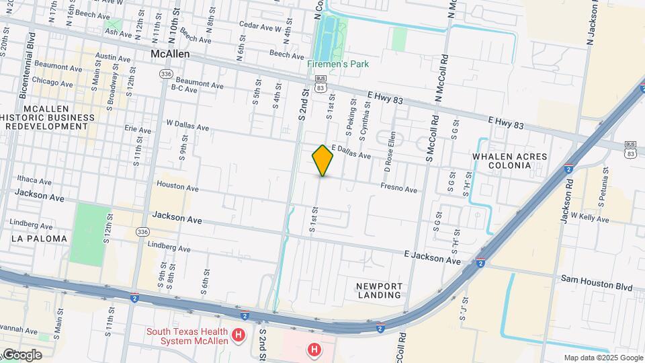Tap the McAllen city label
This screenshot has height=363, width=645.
(x=171, y=53)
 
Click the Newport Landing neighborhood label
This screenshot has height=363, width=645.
(x=380, y=290)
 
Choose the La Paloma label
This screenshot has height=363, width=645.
(x=39, y=239)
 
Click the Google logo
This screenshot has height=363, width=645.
(x=21, y=355)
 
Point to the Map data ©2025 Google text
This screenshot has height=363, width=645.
(x=603, y=358)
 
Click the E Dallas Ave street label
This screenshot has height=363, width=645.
(x=351, y=152)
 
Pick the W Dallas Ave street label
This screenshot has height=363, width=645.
(x=187, y=126)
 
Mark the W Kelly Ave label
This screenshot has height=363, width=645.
(x=589, y=218)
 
